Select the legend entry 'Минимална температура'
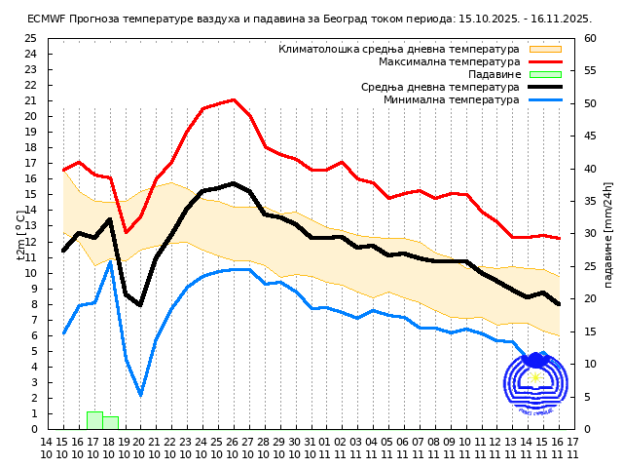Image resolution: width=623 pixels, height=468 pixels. click(451, 99)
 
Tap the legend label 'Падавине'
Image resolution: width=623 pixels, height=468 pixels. click(494, 74)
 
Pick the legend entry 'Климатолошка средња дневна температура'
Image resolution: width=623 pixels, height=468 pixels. click(399, 49)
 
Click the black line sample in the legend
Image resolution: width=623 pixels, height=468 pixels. click(545, 87)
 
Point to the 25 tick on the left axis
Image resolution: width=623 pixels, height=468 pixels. click(30, 39)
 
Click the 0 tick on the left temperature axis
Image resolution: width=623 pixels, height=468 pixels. click(33, 429)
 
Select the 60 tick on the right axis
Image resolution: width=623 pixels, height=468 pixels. click(591, 39)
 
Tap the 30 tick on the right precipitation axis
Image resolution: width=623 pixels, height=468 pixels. click(591, 234)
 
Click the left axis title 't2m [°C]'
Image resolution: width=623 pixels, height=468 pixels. click(20, 234)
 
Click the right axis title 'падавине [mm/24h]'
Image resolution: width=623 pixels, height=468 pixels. click(608, 234)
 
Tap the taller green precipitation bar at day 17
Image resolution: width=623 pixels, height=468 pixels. click(94, 420)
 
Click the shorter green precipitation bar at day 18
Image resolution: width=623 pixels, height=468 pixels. click(110, 423)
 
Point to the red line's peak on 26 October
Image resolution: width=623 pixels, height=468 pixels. click(234, 99)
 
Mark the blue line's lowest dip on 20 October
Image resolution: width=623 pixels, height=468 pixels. click(140, 395)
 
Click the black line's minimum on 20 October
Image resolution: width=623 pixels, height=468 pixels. click(140, 305)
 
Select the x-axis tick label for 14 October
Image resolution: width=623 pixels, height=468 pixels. click(46, 448)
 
